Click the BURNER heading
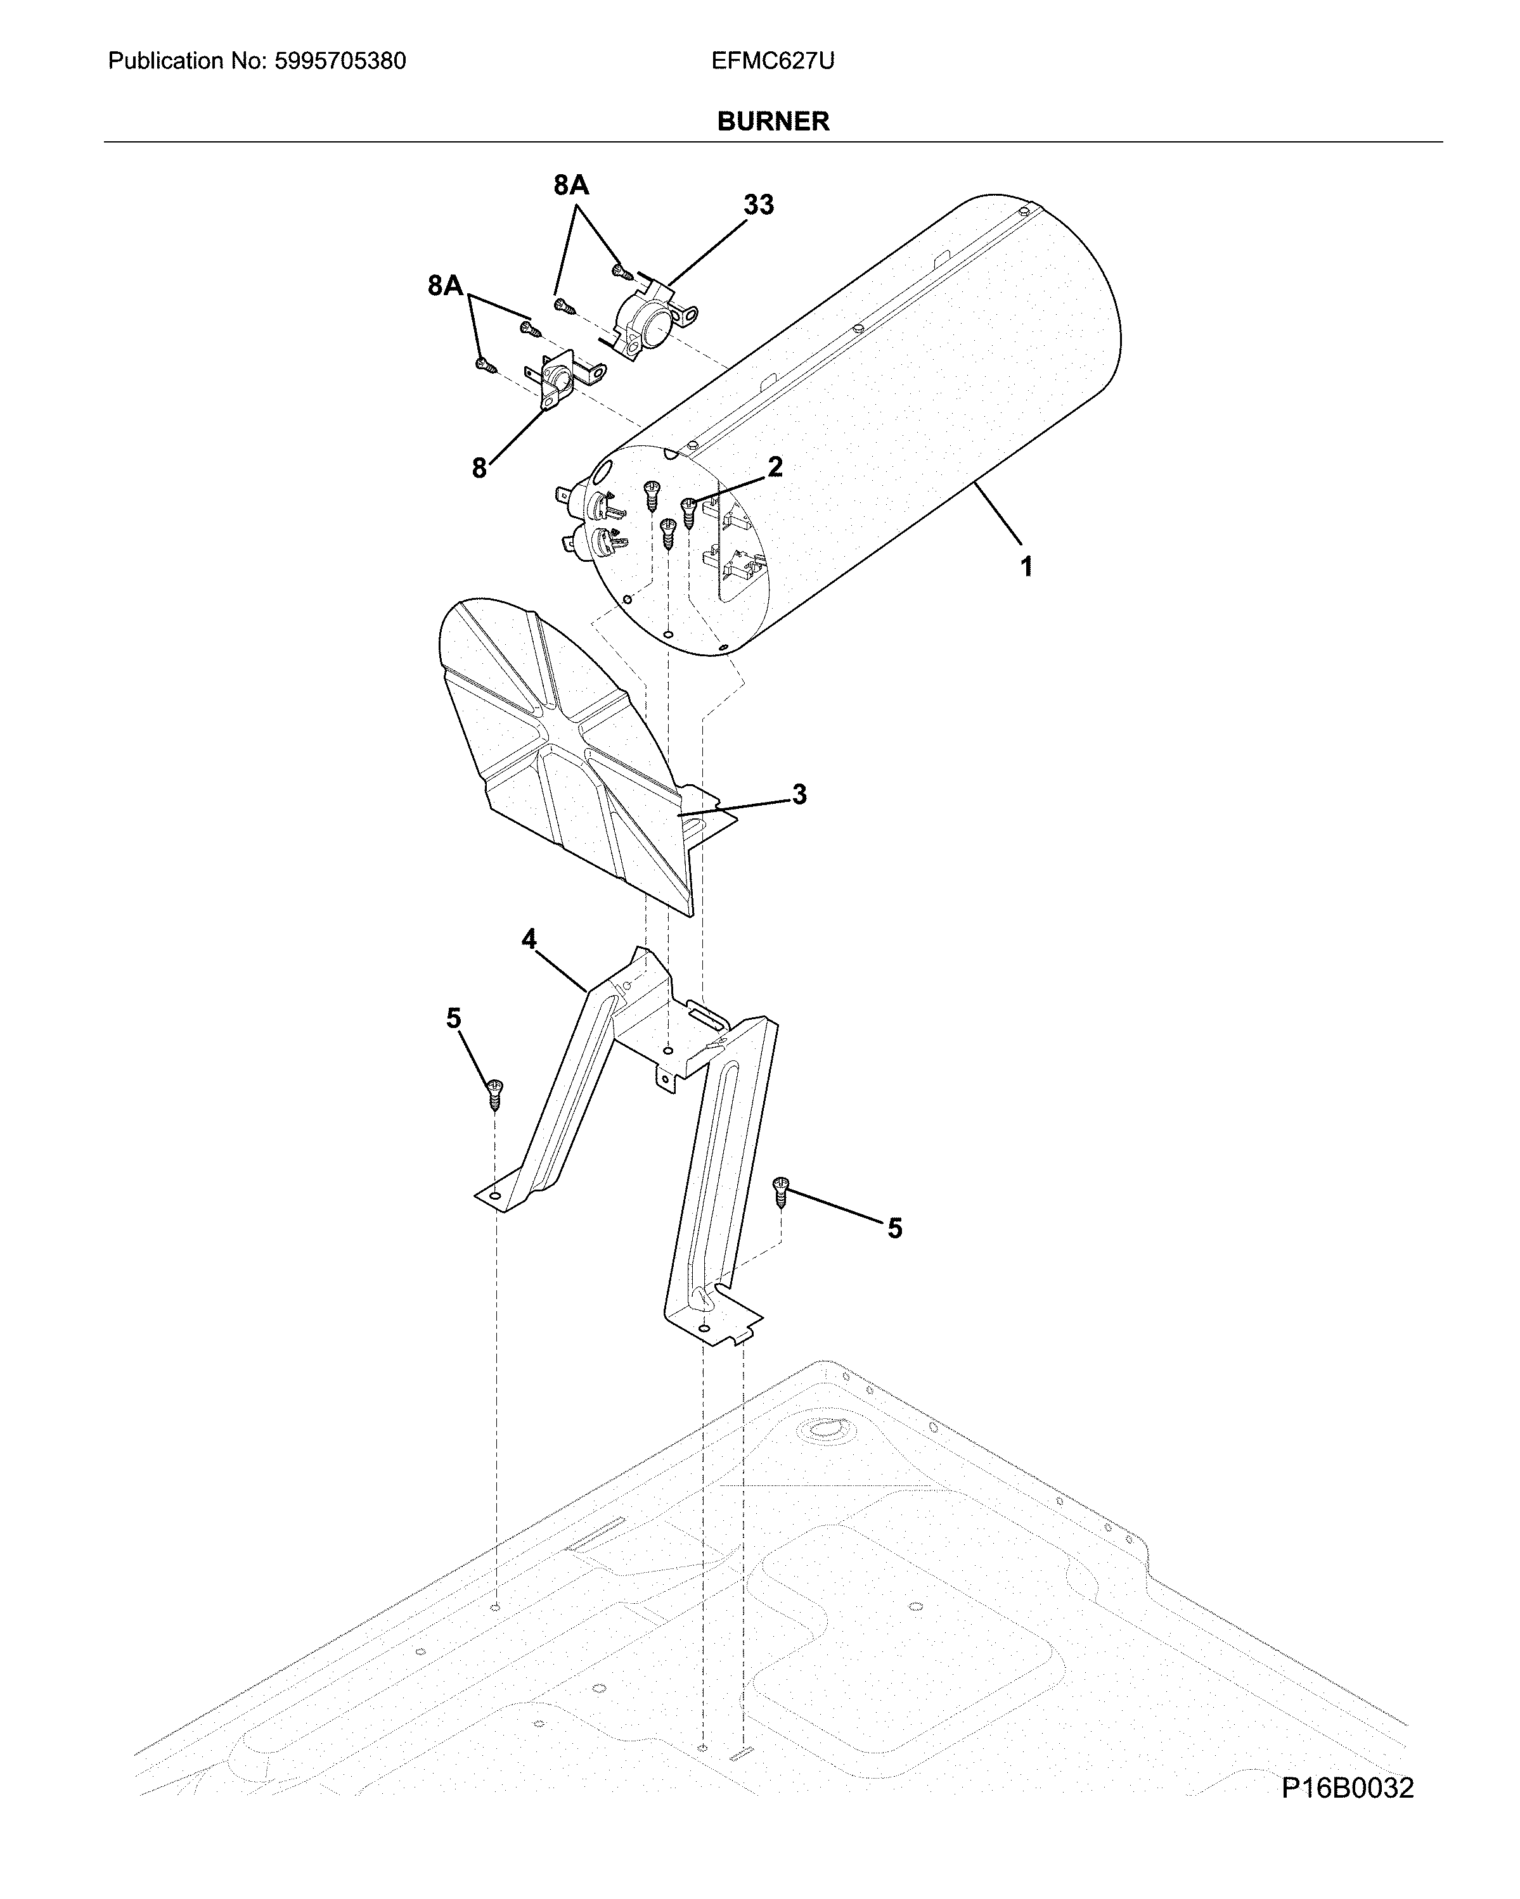coord(773,122)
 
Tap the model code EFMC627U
coord(773,61)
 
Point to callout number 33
coord(758,205)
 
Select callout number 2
coord(775,467)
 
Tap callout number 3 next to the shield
coord(798,794)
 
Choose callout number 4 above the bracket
coord(528,940)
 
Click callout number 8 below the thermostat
coord(479,469)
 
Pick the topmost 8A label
coord(571,185)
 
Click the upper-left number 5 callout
coord(453,1019)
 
